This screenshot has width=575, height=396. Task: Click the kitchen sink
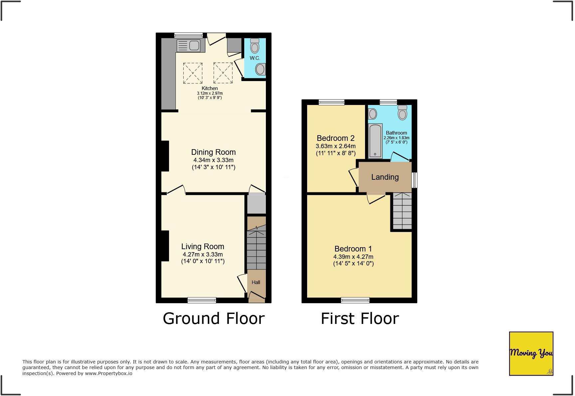[189, 45]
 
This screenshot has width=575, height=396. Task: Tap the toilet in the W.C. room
[255, 46]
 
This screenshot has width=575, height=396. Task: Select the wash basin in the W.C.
[260, 69]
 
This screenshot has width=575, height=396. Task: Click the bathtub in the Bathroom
[375, 141]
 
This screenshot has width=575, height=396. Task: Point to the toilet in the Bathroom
[403, 113]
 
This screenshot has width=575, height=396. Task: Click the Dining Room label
[213, 152]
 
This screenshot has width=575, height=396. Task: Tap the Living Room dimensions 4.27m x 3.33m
[203, 254]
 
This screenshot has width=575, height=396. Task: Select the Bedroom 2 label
[335, 138]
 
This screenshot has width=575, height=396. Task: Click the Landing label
[385, 177]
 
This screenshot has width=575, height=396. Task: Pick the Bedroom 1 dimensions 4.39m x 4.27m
[353, 257]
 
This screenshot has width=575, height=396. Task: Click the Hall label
[256, 282]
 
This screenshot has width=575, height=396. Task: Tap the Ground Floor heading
[214, 318]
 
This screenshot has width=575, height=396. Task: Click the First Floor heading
[360, 318]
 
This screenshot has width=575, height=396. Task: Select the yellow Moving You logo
[531, 353]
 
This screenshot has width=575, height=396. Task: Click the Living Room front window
[202, 300]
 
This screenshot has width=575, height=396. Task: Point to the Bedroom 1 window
[355, 300]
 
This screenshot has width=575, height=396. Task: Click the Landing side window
[414, 180]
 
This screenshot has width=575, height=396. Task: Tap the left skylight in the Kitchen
[193, 73]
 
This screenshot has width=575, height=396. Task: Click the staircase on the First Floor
[402, 211]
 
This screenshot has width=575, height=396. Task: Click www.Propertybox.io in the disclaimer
[108, 373]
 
